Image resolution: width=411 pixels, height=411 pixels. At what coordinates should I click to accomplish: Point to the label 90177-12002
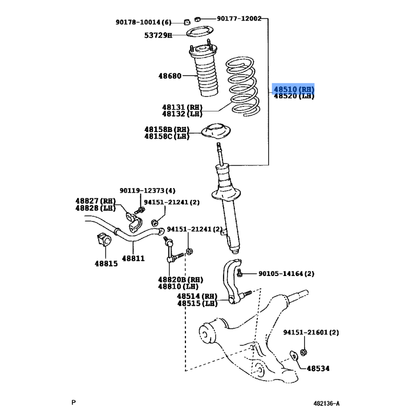click(239, 18)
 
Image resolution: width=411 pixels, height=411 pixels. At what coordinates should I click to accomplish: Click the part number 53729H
click(158, 35)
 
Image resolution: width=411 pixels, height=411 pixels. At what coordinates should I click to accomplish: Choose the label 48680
click(170, 76)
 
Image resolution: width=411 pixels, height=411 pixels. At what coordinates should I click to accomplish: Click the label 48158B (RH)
click(166, 129)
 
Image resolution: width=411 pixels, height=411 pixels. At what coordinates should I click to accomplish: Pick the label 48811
click(133, 258)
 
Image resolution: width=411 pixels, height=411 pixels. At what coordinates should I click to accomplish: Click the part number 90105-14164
click(286, 274)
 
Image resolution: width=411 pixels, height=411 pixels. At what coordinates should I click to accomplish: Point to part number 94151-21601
click(311, 333)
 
